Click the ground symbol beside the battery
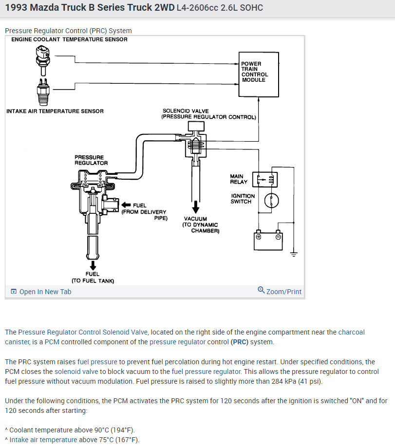click(x=294, y=254)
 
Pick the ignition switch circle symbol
click(x=271, y=200)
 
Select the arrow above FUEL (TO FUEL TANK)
click(x=93, y=265)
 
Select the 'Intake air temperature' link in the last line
click(x=43, y=440)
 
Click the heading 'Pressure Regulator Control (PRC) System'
click(x=68, y=31)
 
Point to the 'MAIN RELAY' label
click(x=239, y=179)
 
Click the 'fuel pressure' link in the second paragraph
click(x=97, y=362)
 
